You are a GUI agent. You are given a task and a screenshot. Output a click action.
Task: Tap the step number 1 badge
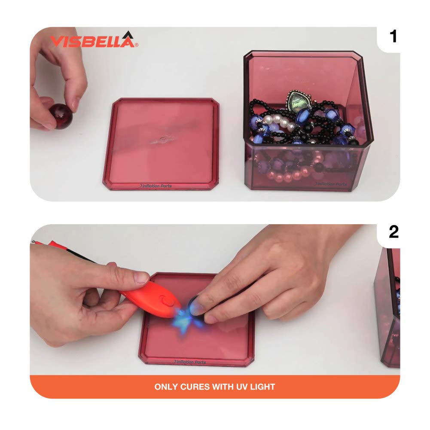point(393,37)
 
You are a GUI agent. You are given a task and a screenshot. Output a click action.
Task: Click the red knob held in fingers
point(61,115)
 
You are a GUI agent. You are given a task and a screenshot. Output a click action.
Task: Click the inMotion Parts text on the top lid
point(156,186)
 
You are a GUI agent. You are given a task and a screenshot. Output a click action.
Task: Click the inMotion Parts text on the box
point(330,184)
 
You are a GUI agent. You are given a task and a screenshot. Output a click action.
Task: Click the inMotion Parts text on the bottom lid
point(191,362)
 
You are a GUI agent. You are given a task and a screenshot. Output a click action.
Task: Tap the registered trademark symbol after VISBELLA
point(137,45)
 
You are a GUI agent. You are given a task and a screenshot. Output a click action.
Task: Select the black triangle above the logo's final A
point(127,34)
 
